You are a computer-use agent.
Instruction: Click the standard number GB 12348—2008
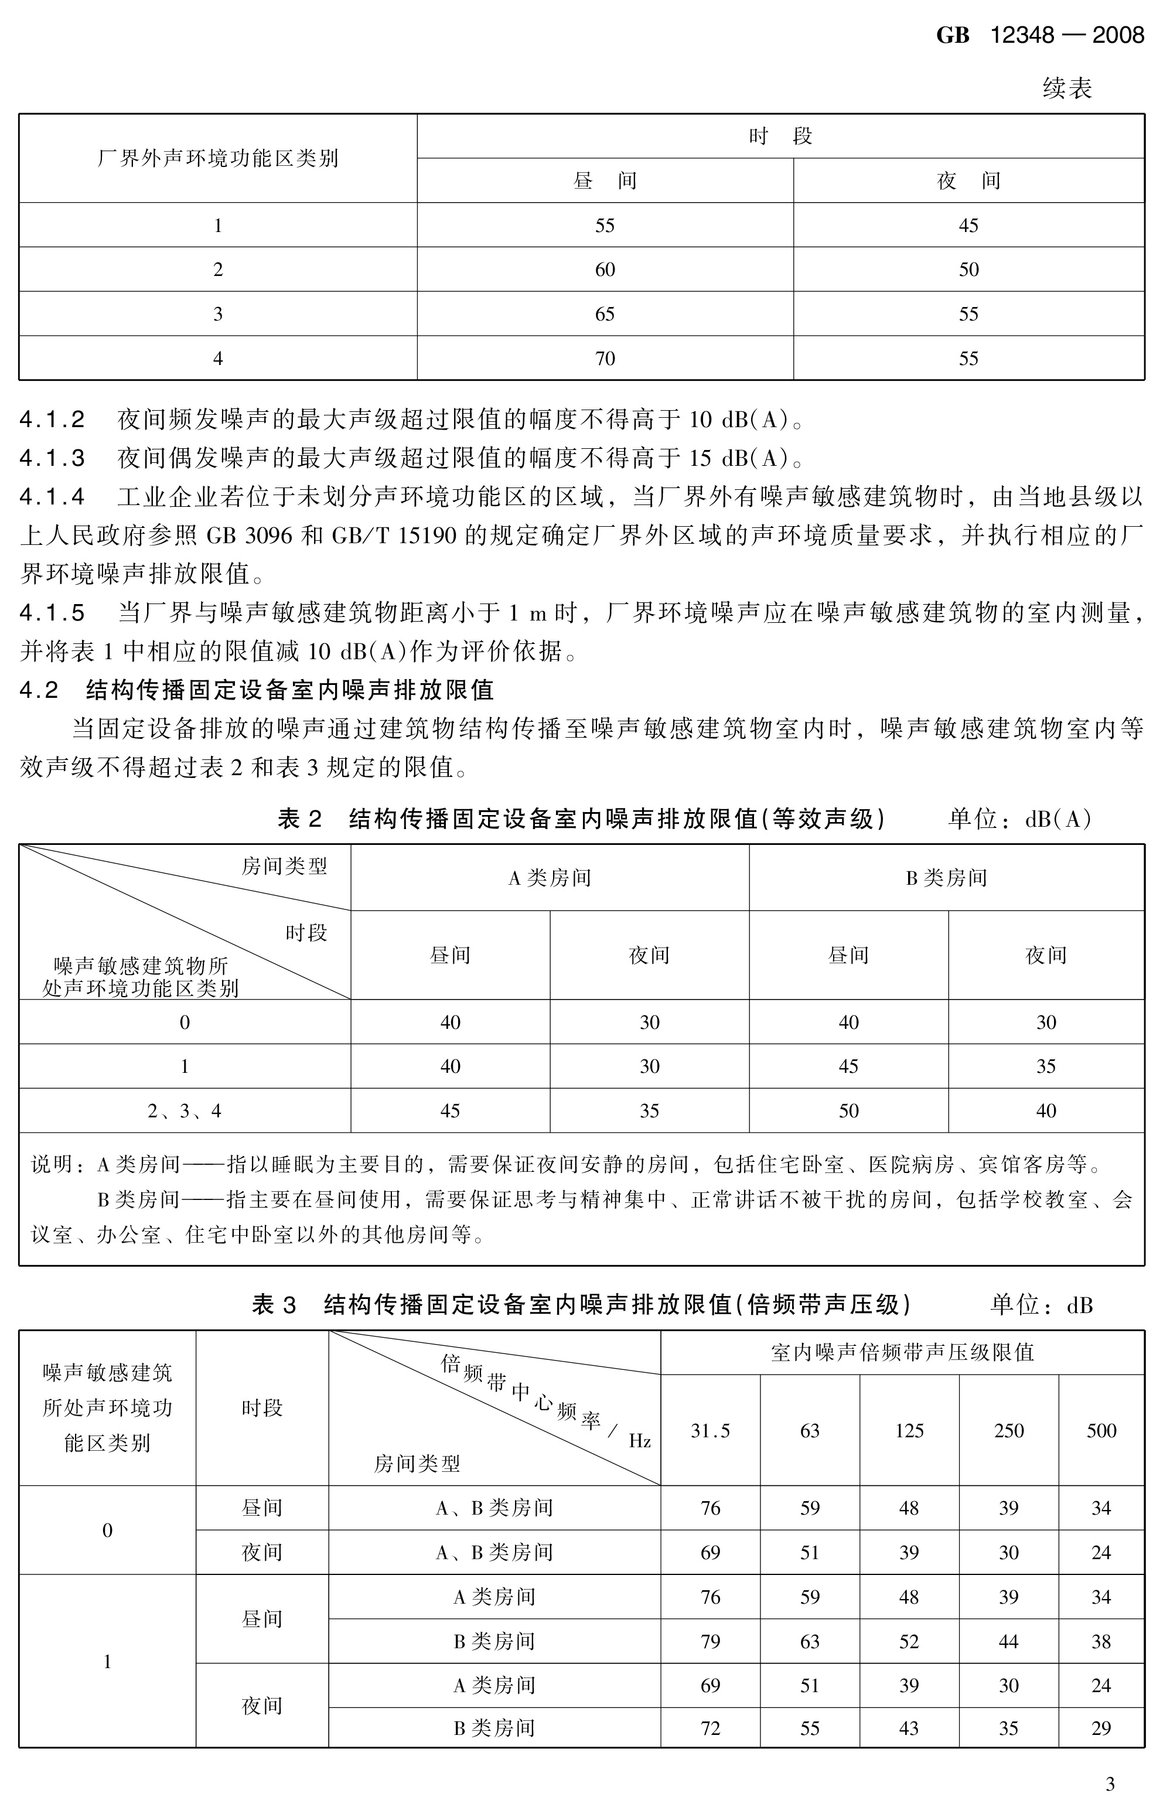pyautogui.click(x=1039, y=35)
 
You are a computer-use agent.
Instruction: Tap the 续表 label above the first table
pyautogui.click(x=1067, y=89)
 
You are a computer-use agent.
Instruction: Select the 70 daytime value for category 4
pyautogui.click(x=605, y=359)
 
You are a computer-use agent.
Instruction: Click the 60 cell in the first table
pyautogui.click(x=605, y=270)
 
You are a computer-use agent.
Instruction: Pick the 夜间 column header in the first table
pyautogui.click(x=968, y=180)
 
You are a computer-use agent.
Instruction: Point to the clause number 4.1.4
pyautogui.click(x=52, y=497)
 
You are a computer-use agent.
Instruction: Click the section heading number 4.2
pyautogui.click(x=39, y=690)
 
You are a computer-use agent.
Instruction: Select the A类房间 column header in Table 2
pyautogui.click(x=549, y=878)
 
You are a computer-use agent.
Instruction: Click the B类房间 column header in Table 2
pyautogui.click(x=946, y=878)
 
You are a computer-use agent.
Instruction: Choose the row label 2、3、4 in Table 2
pyautogui.click(x=185, y=1111)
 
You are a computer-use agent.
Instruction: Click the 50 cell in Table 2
pyautogui.click(x=848, y=1111)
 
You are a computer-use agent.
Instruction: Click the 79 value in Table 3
pyautogui.click(x=710, y=1642)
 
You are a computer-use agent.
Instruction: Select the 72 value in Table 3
pyautogui.click(x=710, y=1729)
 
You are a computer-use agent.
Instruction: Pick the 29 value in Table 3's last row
pyautogui.click(x=1101, y=1729)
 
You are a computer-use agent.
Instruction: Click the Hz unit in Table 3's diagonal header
pyautogui.click(x=639, y=1441)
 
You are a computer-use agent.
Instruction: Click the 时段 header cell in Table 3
pyautogui.click(x=262, y=1409)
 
